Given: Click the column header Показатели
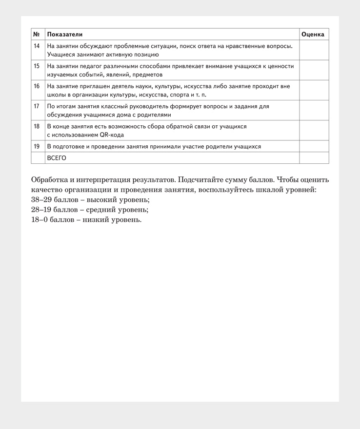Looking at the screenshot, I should coord(65,35).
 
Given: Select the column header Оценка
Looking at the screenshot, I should coord(313,35).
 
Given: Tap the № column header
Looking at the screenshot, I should coord(37,35).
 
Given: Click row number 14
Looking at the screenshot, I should coord(37,46).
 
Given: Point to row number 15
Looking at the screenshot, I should coord(37,66).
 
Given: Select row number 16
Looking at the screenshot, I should coord(37,86).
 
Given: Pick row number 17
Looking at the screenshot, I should coord(37,106).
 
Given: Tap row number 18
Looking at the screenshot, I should coord(37,126).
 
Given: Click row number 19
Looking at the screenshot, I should coord(37,146).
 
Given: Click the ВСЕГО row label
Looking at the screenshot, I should coord(57,158).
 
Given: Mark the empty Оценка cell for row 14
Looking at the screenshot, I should coord(314,50).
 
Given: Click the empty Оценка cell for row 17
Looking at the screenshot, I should coord(314,110).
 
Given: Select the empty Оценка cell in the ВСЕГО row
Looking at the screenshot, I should coord(314,158).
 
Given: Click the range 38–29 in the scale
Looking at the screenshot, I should coord(41,200).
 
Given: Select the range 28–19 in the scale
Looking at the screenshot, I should coord(41,210).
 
